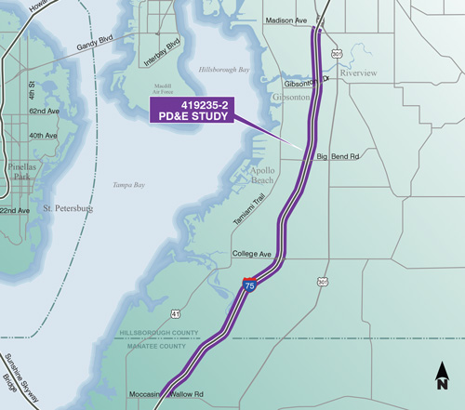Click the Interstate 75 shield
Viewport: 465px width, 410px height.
(x=249, y=285)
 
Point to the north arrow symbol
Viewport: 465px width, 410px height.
(x=442, y=377)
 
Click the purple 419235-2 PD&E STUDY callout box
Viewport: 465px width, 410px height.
(x=191, y=112)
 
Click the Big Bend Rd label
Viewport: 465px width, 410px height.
(x=338, y=157)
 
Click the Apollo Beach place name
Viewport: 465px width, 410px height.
(x=254, y=177)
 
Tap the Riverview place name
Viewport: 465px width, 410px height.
(x=358, y=72)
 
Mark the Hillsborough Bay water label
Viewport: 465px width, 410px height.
(x=226, y=71)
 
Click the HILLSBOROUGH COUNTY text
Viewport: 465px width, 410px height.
(x=160, y=333)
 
